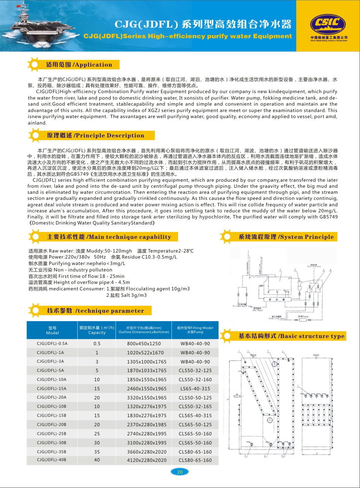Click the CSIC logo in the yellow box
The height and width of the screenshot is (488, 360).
328,25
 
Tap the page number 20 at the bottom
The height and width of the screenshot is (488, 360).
180,472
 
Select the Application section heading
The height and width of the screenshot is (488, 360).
79,65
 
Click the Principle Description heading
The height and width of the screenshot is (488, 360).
95,136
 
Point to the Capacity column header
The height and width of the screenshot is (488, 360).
97,330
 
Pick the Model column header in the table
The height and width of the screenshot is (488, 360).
52,330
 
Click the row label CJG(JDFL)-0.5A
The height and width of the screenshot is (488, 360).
52,344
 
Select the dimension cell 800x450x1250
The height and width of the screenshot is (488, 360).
144,344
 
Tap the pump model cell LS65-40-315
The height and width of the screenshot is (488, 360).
195,389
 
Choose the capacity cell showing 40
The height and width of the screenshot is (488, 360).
97,460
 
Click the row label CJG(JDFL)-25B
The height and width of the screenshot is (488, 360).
52,434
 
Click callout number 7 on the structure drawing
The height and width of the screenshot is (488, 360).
298,386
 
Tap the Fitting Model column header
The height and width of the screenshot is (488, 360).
195,330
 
